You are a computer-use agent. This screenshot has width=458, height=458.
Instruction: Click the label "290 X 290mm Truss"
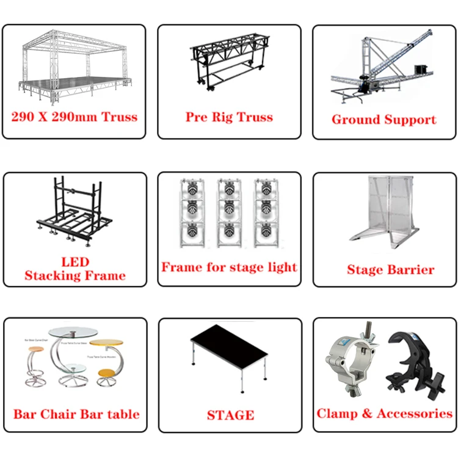point(75,117)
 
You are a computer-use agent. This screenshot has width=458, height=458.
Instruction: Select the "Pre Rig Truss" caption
point(229,117)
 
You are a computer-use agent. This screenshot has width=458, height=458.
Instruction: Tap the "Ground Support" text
point(384,119)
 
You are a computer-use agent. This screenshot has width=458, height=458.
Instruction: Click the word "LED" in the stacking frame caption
point(75,263)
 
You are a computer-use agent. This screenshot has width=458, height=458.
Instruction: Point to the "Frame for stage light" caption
point(229,267)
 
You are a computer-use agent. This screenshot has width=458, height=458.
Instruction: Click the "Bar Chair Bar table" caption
point(76,414)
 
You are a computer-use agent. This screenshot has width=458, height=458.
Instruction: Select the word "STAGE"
point(230,415)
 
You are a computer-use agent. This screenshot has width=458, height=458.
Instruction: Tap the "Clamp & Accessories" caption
point(384,413)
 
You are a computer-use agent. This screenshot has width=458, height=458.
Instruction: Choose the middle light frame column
point(229,211)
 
